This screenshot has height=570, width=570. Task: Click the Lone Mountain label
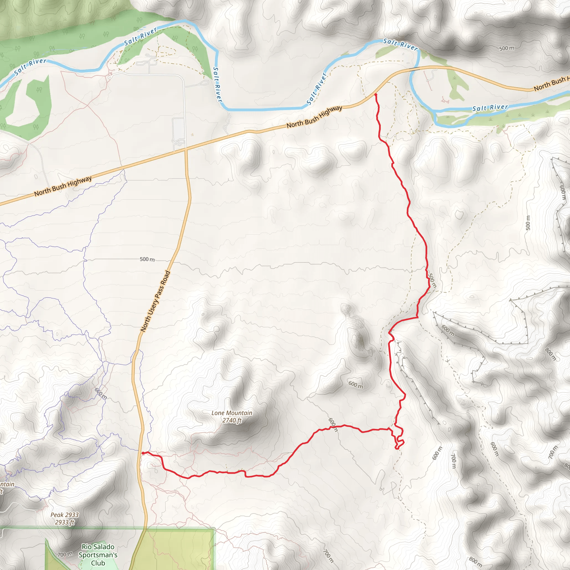[232, 413]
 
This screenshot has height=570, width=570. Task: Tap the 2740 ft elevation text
[232, 421]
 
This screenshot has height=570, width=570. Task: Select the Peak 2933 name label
[65, 515]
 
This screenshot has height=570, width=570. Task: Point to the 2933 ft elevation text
[65, 522]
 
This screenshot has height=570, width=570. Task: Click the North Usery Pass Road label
[156, 301]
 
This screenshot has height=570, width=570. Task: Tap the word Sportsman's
[98, 555]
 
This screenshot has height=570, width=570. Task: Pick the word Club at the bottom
[98, 563]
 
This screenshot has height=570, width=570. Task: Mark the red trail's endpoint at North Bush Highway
[375, 94]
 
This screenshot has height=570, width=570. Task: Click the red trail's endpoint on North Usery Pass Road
[143, 453]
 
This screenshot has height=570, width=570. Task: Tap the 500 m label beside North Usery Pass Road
[147, 259]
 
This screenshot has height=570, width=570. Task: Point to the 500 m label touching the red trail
[432, 281]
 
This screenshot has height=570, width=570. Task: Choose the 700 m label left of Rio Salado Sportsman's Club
[65, 554]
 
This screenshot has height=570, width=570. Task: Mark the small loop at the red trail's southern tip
[399, 444]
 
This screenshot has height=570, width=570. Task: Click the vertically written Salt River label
[217, 85]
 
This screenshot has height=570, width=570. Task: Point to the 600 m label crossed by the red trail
[333, 425]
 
